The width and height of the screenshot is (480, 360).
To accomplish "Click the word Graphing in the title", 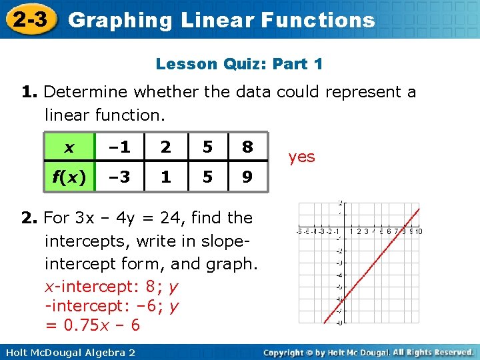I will pos(120,21).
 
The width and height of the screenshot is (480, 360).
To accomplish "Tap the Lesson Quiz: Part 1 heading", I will pos(239,65).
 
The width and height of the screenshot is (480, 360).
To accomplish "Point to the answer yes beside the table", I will pos(301,157).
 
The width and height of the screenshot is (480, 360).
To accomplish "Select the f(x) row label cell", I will pos(69,178).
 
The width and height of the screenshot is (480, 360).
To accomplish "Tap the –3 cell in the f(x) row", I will pos(120,178).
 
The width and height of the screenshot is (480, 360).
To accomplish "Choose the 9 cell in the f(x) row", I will pos(247,178).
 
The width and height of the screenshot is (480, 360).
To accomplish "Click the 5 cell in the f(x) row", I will pos(207,178).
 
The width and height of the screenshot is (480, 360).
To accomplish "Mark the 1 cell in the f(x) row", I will pos(166,178).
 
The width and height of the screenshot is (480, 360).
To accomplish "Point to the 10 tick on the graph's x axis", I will pos(421,231).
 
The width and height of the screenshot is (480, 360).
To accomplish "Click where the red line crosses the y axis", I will pos(343,299).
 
